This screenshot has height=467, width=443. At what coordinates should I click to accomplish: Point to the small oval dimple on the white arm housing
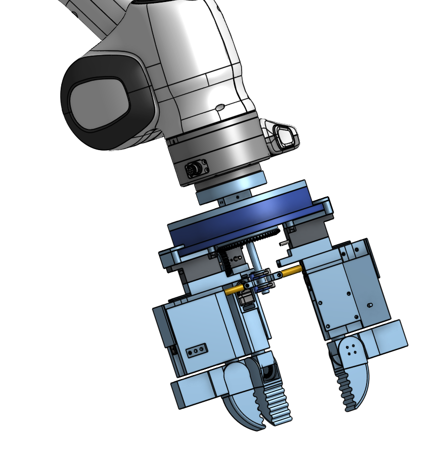coord(219,107)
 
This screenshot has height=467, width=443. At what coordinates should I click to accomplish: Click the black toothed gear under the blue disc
coord(253,241)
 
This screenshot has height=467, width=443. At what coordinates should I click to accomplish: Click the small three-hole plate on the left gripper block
coord(197,350)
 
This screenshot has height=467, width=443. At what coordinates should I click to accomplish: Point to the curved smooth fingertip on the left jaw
coord(238,399)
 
